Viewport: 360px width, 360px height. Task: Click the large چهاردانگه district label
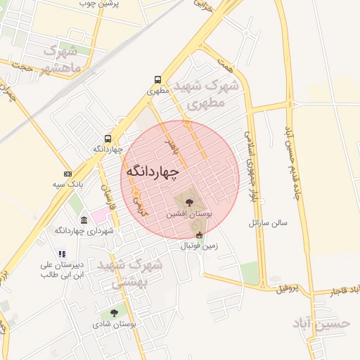153,172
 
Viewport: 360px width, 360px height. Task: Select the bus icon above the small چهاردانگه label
108,139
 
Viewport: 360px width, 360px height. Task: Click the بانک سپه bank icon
67,174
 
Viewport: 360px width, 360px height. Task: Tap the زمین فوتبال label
200,246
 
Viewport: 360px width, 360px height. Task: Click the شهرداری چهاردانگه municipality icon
84,220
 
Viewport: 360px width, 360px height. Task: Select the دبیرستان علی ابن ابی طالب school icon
62,254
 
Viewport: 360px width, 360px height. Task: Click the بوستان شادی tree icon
114,314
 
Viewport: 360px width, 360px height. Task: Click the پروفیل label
287,288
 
